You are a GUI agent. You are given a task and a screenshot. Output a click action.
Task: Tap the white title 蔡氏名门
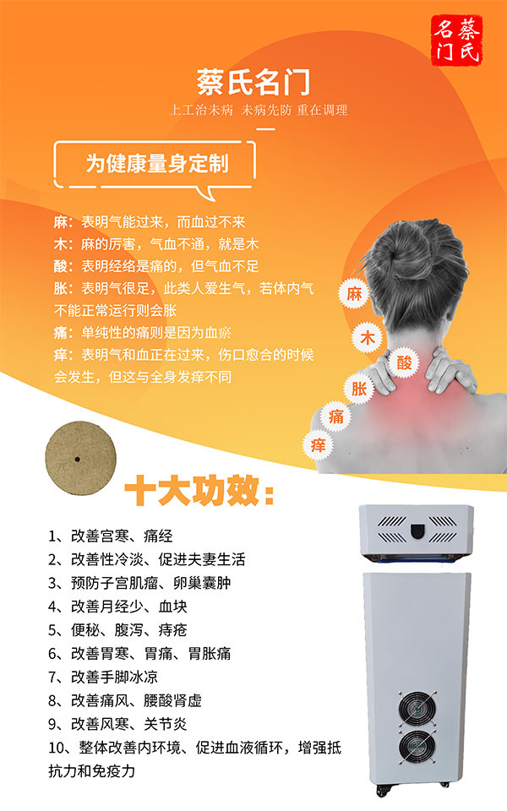point(253,83)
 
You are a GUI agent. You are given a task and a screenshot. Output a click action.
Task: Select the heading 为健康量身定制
point(157,163)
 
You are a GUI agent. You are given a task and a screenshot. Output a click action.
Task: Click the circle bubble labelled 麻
point(353,294)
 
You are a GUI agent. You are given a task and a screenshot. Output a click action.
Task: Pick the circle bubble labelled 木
point(368,335)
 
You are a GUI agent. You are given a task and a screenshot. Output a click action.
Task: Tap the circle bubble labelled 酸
point(404,363)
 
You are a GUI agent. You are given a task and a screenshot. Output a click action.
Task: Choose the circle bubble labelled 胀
point(359,389)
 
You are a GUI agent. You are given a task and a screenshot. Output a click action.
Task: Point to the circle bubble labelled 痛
point(337,416)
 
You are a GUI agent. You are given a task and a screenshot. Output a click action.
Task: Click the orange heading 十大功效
point(199,492)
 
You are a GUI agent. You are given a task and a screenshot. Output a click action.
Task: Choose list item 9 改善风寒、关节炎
point(118,724)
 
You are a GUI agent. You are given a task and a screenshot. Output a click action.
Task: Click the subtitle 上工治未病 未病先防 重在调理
point(259,110)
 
